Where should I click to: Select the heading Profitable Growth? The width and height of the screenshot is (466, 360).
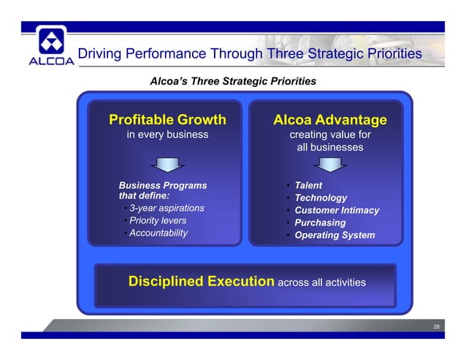[x=167, y=120]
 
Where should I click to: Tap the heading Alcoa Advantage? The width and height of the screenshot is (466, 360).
[x=329, y=120]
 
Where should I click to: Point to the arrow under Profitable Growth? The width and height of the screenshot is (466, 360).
[x=167, y=164]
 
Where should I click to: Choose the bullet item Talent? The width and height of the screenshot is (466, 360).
[x=308, y=185]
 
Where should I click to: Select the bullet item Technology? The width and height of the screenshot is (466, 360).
[x=320, y=198]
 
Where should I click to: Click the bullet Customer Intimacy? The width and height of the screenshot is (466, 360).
[x=336, y=210]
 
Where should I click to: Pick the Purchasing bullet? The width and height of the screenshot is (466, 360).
[x=319, y=223]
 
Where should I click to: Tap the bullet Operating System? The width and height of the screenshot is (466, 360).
[x=334, y=235]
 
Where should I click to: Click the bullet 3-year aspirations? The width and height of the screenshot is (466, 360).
[x=166, y=209]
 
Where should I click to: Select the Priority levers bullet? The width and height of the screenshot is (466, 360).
[x=157, y=221]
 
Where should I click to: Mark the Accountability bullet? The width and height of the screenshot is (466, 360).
[x=158, y=233]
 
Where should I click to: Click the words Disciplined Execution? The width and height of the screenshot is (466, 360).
[x=202, y=282]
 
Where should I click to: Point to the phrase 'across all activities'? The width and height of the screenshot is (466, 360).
[x=321, y=283]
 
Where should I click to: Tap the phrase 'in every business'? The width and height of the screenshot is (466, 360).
[x=167, y=135]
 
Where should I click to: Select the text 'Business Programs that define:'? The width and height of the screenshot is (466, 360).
[x=161, y=191]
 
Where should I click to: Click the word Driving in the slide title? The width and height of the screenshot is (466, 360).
[x=100, y=54]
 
